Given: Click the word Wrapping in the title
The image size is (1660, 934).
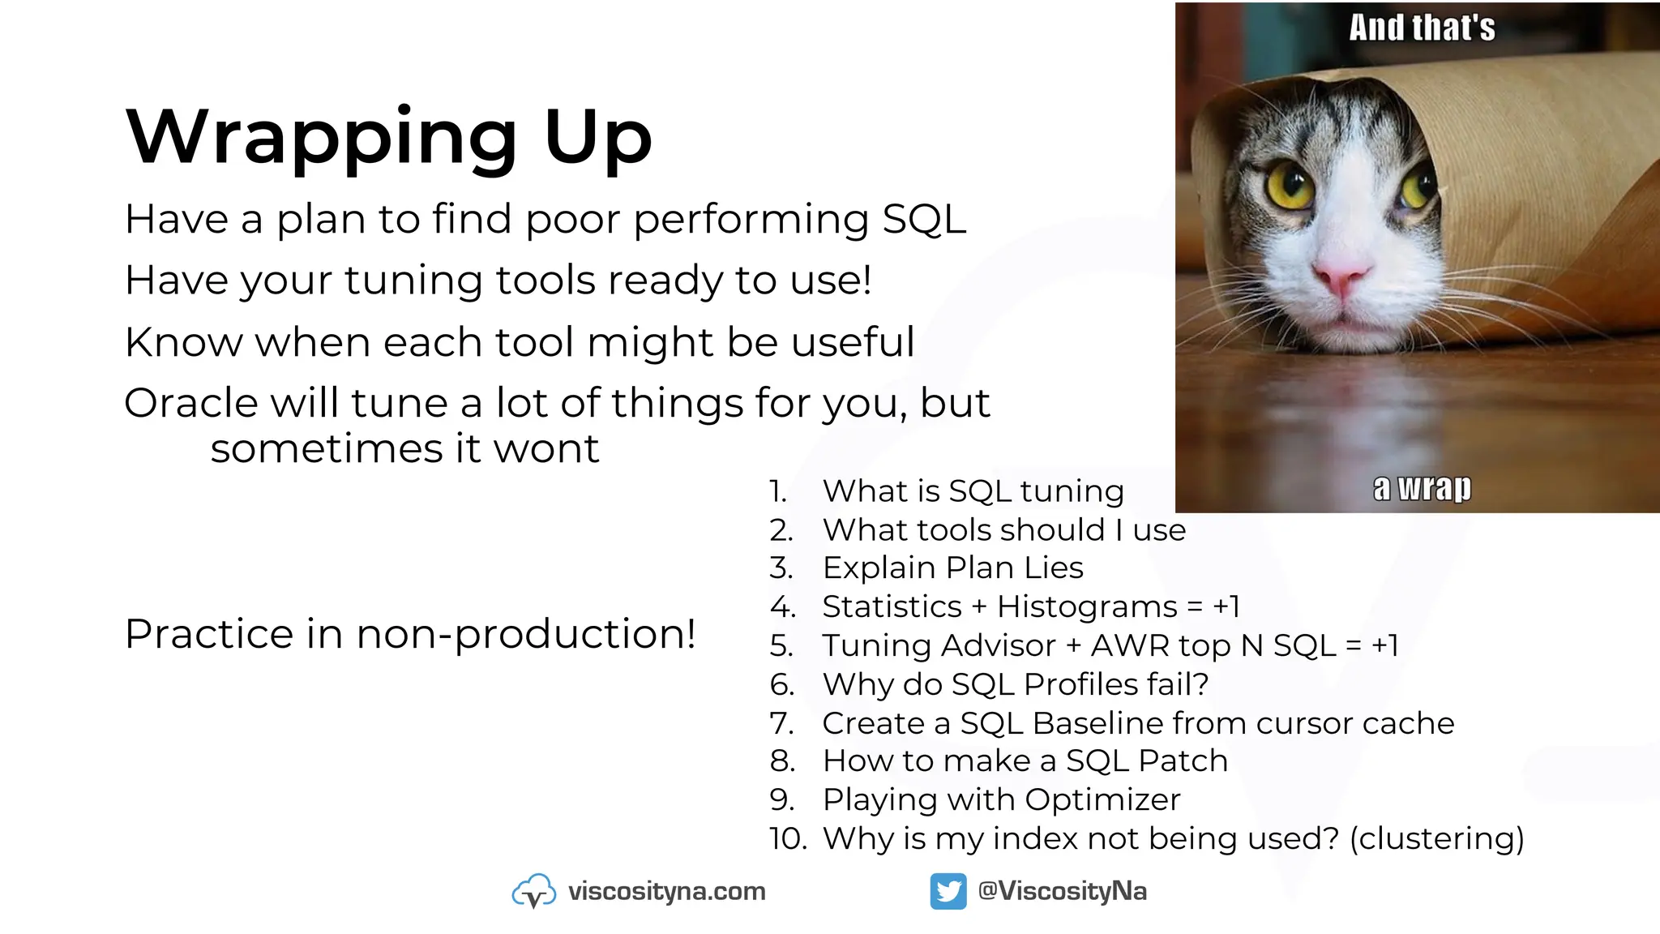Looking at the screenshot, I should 321,138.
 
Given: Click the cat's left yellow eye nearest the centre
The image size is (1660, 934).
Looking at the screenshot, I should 1288,186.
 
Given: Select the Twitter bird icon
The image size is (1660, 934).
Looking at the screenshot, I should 948,891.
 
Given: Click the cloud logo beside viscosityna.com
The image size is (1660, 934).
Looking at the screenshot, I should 534,891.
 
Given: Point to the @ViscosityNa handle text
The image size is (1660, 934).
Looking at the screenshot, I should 1062,891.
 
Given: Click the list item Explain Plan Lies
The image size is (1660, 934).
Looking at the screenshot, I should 952,568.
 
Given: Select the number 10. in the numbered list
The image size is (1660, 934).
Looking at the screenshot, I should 787,838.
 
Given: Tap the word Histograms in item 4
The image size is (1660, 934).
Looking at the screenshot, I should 1087,606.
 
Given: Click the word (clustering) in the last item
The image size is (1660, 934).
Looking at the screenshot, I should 1436,838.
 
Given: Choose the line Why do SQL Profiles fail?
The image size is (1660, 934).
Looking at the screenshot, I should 1015,684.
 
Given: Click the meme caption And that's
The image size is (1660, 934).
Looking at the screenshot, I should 1422,28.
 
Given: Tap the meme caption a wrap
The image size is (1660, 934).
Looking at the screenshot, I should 1422,488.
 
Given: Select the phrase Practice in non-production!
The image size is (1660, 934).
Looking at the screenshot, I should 410,633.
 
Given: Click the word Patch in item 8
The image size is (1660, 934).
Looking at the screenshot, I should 1183,761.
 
